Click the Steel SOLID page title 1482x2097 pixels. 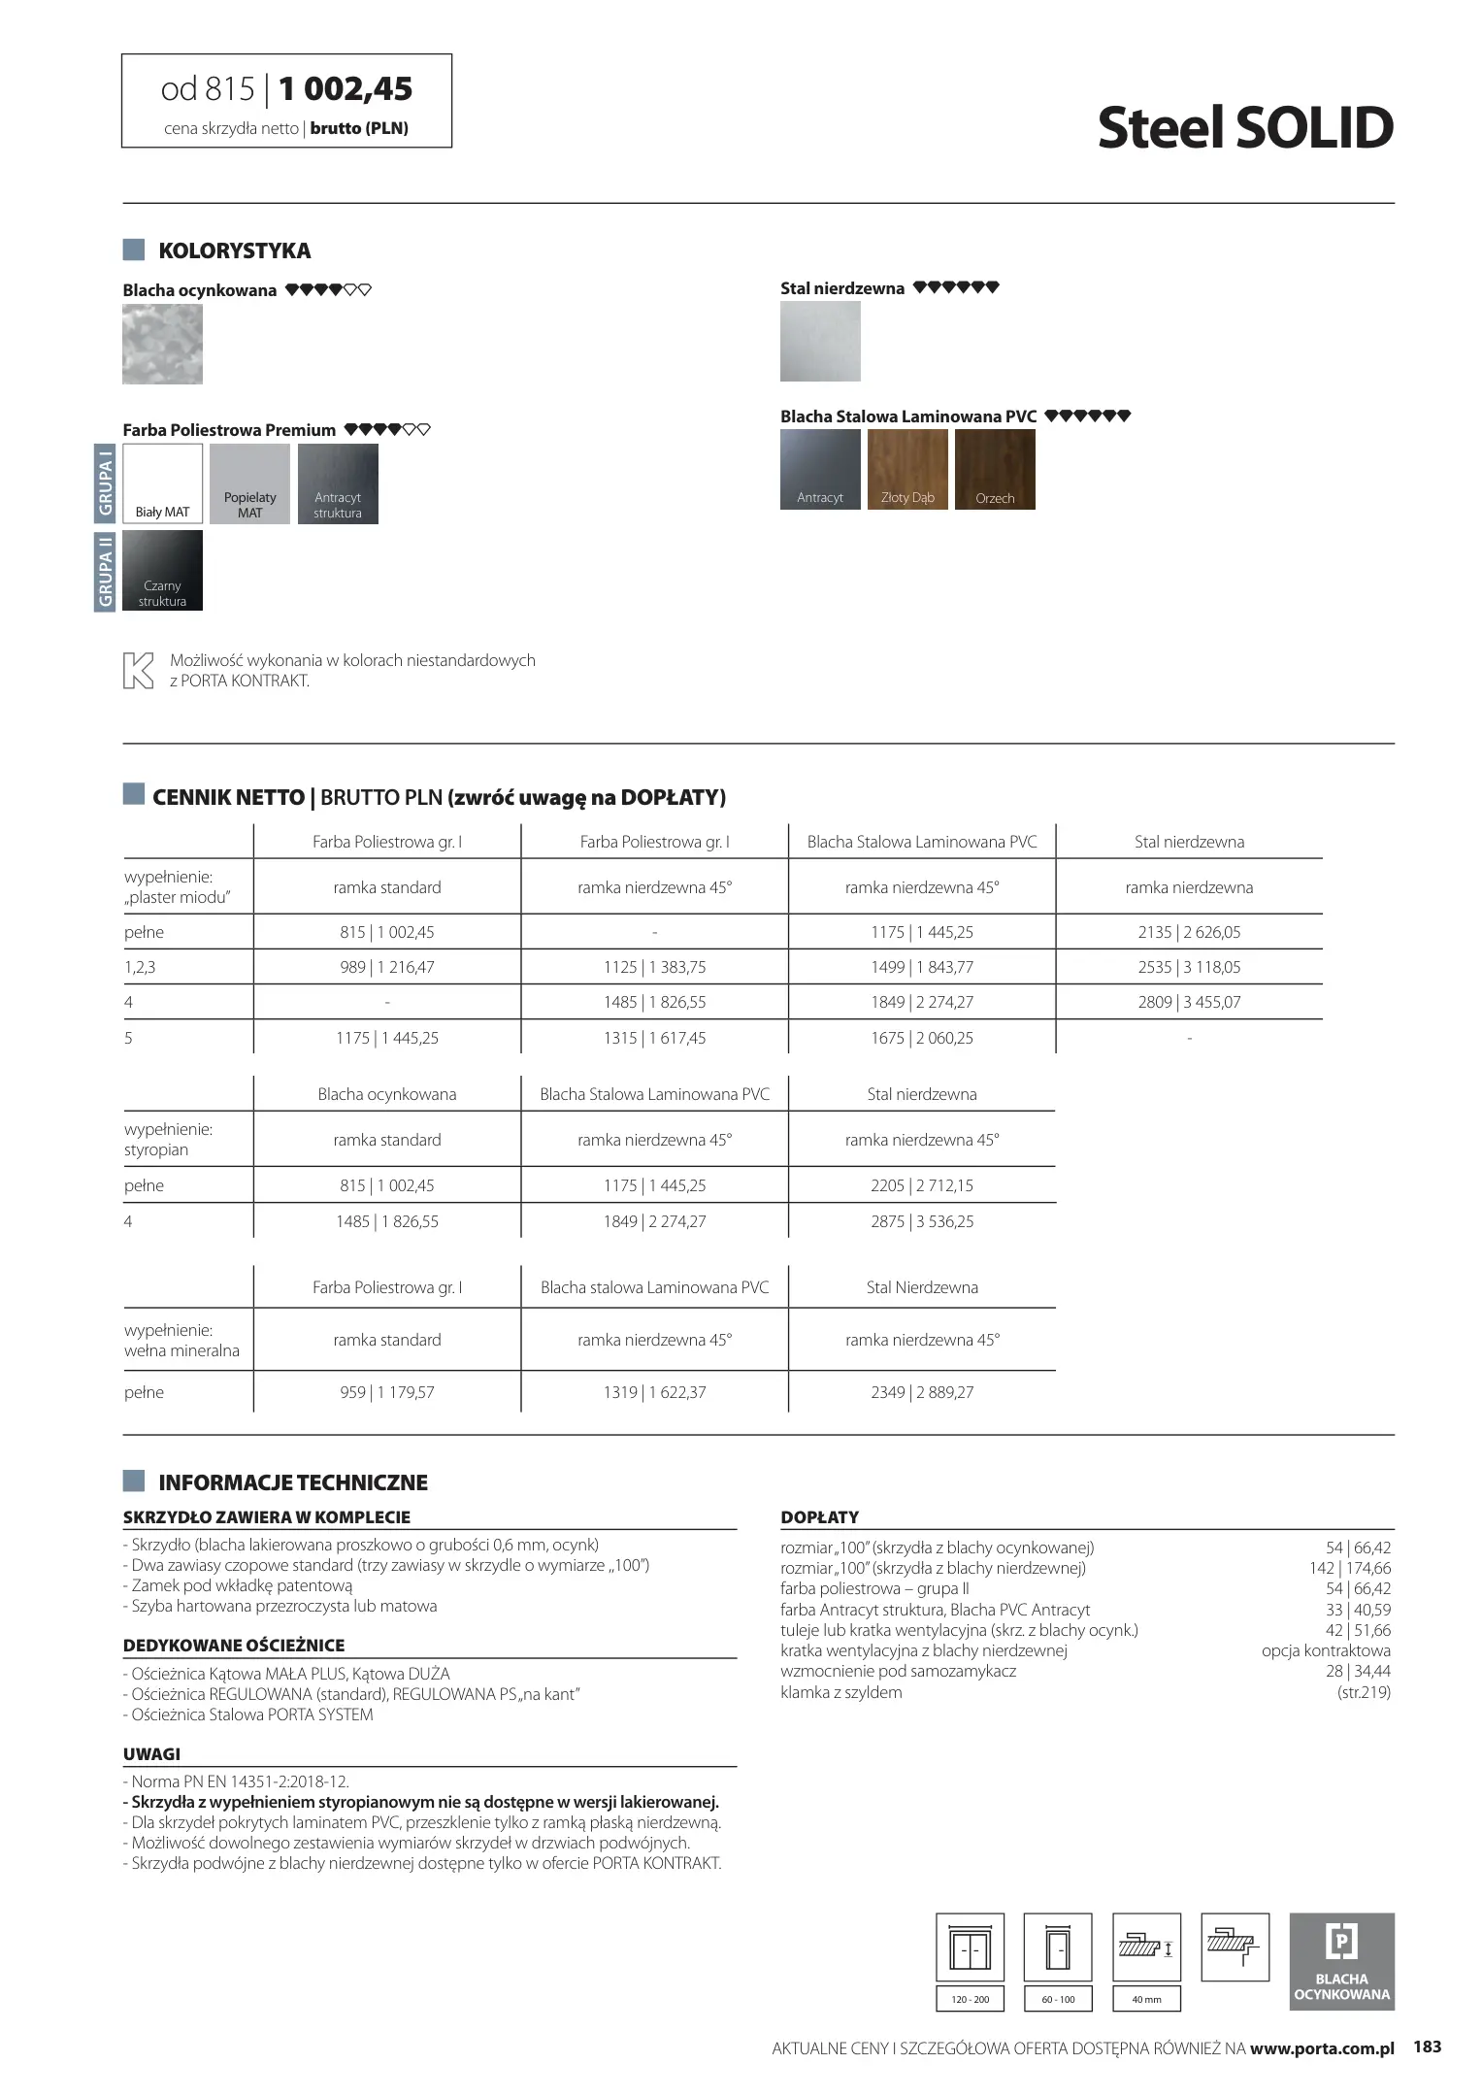pos(1245,127)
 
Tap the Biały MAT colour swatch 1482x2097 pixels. pos(163,483)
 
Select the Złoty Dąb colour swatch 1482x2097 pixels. pos(907,469)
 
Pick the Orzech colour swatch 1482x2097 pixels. pos(995,469)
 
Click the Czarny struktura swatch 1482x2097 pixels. pos(163,570)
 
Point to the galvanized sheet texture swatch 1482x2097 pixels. pos(163,344)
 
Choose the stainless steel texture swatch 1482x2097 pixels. pos(820,341)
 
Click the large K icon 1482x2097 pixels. pos(139,671)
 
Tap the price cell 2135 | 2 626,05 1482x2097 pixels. pos(1189,932)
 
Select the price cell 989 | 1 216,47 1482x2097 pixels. pos(387,967)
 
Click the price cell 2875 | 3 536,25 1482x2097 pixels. pos(922,1221)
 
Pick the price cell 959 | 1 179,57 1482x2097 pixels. pos(387,1392)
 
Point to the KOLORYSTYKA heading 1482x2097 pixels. pos(234,250)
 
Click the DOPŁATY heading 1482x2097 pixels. pos(819,1516)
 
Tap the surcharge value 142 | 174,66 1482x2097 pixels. pos(1349,1568)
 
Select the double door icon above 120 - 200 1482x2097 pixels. pos(970,1947)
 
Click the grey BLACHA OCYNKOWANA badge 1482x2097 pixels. pos(1341,1961)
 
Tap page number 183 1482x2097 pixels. pos(1427,2047)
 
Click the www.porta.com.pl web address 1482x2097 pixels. pos(1322,2048)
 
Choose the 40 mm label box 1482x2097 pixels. pos(1146,1999)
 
